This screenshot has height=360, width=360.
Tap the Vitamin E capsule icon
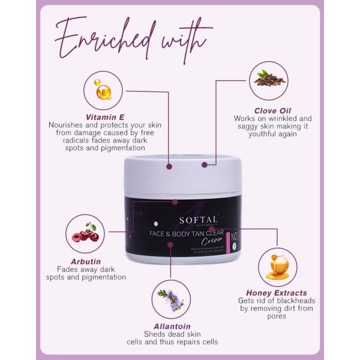click(x=104, y=92)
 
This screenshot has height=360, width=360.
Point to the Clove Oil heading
click(x=262, y=110)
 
